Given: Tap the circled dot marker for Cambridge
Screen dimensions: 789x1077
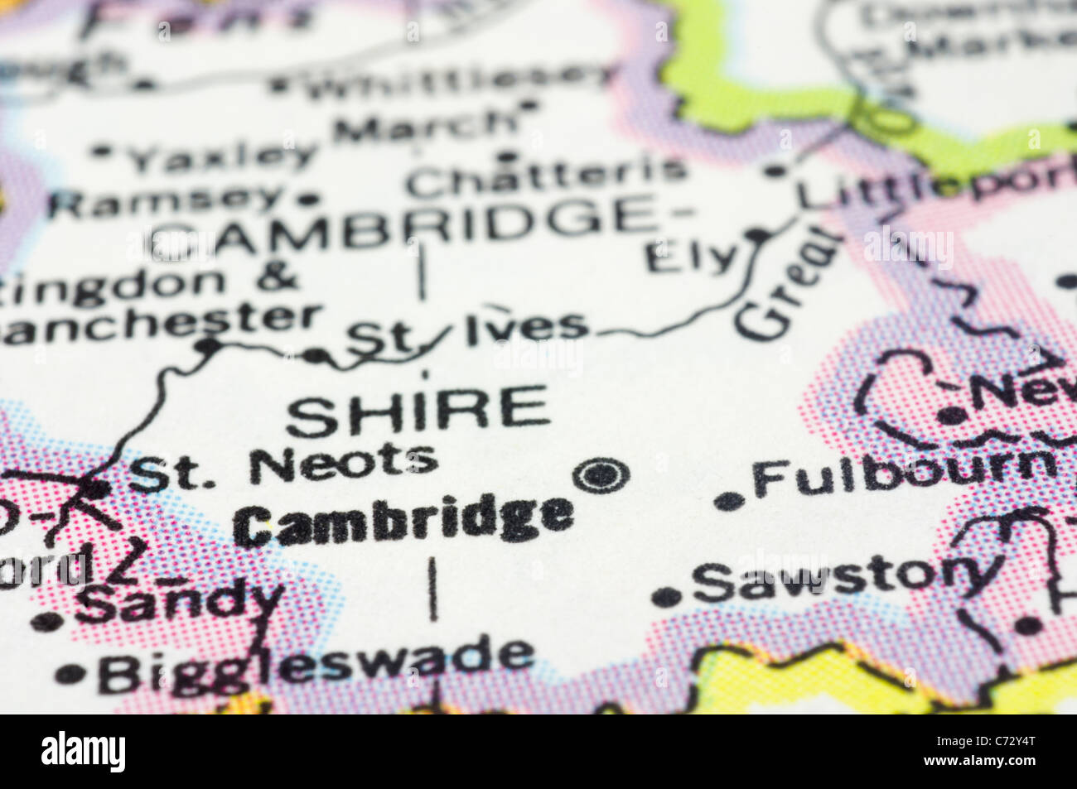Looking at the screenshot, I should click(x=601, y=476).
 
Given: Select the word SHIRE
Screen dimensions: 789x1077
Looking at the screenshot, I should click(x=418, y=411).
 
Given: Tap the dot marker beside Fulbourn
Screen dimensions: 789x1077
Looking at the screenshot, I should click(x=728, y=500).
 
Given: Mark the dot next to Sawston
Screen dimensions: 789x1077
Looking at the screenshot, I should click(x=666, y=597).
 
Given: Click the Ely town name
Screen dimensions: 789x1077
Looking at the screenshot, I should click(x=691, y=257).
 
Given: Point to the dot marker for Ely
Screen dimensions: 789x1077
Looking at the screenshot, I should click(x=756, y=235).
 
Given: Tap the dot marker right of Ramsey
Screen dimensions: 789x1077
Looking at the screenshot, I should click(x=309, y=199).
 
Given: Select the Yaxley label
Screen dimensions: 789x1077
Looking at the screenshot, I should click(x=224, y=155).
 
